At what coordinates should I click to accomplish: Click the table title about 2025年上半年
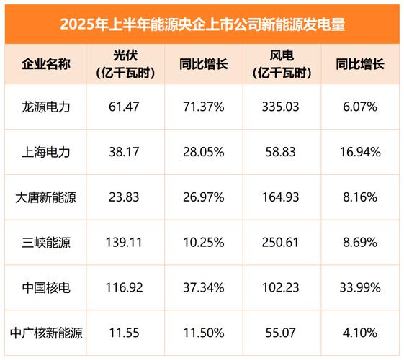[202, 24]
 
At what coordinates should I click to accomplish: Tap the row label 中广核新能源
[46, 333]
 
